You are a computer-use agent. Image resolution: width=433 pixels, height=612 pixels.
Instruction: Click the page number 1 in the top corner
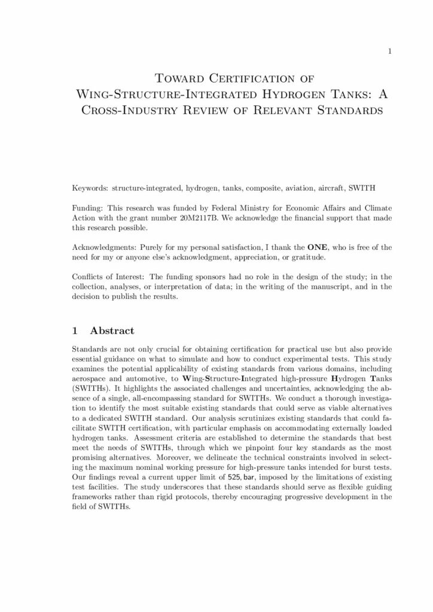[x=389, y=52]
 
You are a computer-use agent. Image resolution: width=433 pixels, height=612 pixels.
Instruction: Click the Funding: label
[x=87, y=208]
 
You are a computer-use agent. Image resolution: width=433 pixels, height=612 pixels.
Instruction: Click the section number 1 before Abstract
[x=74, y=331]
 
